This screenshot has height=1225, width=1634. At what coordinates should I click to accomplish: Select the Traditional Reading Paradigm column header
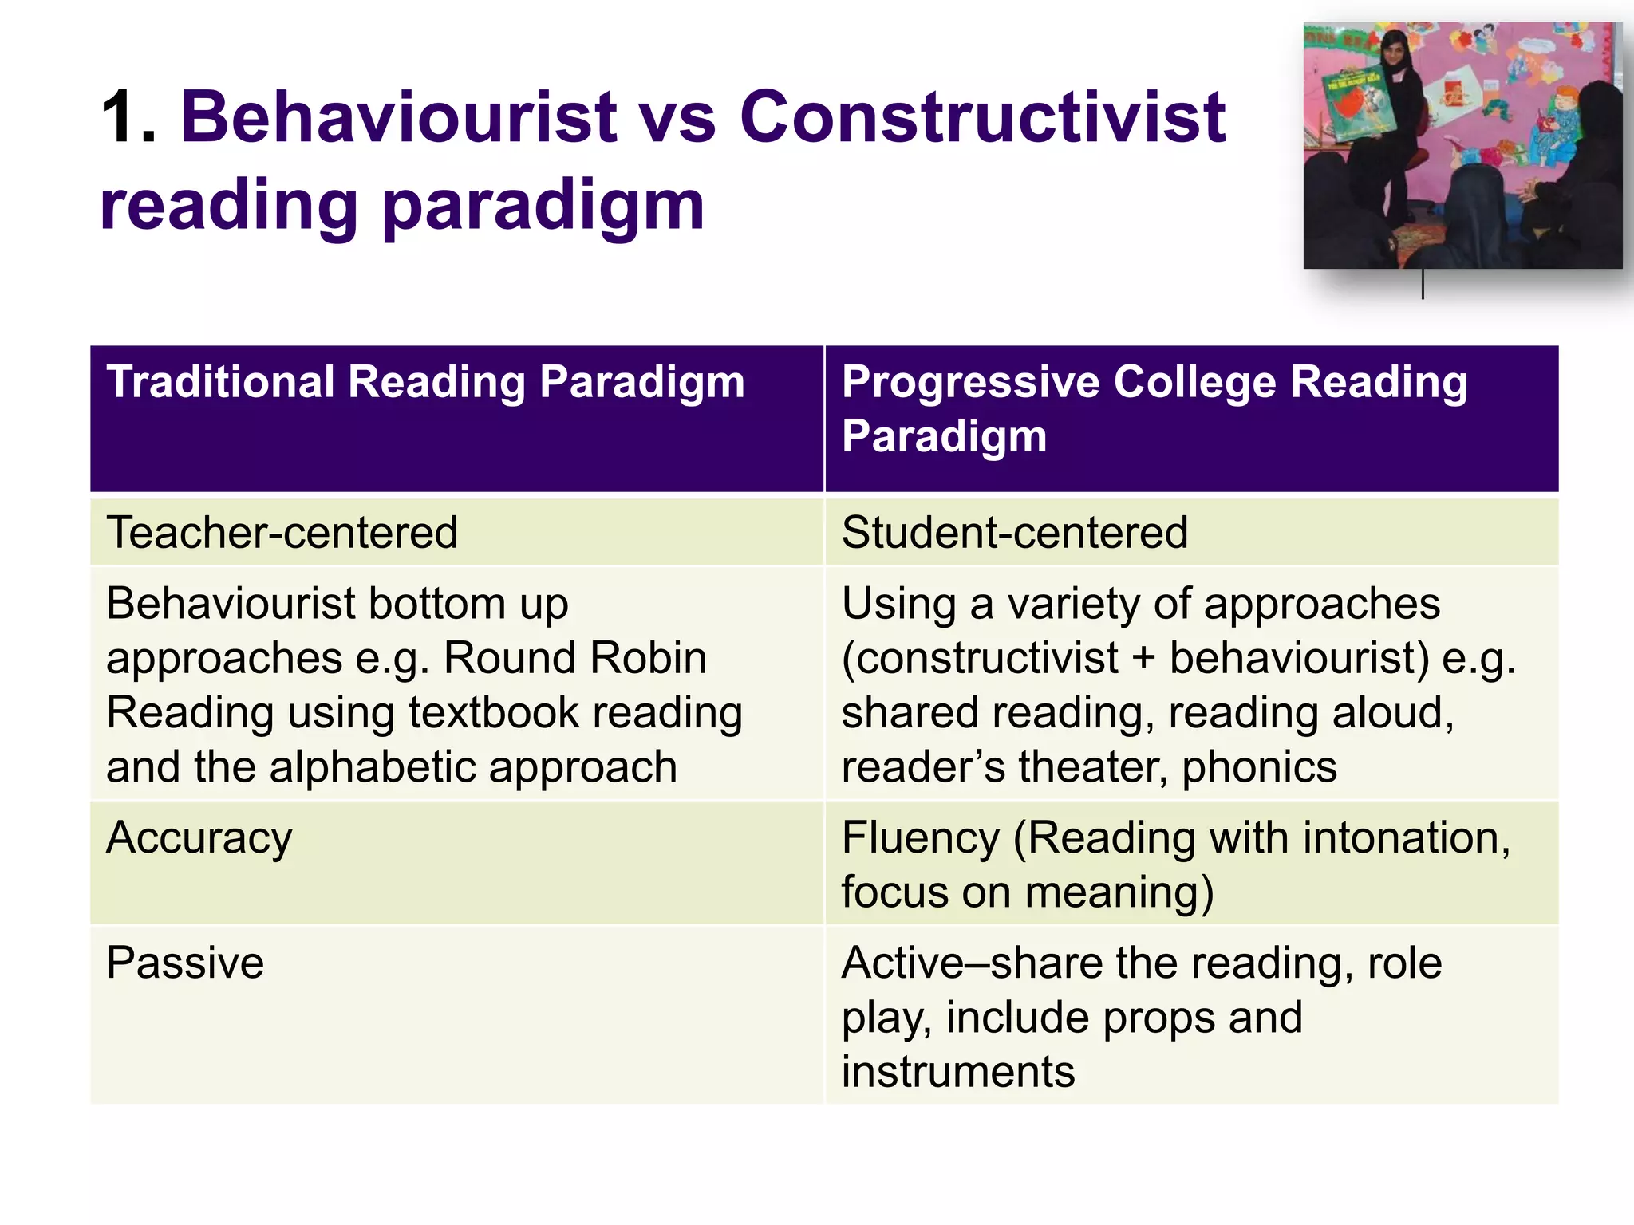point(425,382)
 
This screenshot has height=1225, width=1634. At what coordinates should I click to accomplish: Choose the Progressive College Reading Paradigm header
point(1154,408)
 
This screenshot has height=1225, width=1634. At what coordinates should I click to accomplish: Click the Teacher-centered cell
point(282,533)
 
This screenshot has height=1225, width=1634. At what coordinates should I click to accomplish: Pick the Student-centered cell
point(1014,533)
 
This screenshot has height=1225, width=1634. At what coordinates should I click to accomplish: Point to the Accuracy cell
point(199,838)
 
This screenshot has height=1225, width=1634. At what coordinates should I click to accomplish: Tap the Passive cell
point(184,963)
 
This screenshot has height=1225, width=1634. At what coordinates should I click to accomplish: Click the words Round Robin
point(574,659)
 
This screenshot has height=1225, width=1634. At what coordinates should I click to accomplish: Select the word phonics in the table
point(1259,767)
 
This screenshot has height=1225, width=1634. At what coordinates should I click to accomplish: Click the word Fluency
point(920,838)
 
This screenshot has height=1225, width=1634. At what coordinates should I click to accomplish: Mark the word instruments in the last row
point(957,1071)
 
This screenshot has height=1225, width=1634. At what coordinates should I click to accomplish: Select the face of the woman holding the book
point(1394,45)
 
